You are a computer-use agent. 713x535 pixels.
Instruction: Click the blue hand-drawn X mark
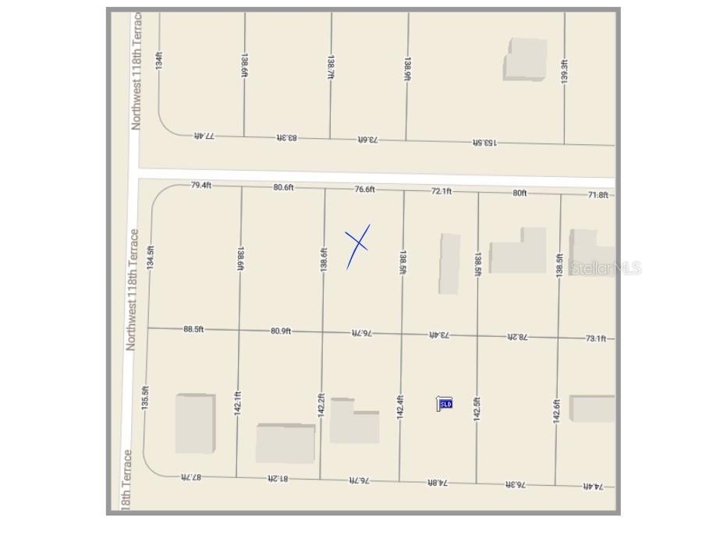click(x=357, y=246)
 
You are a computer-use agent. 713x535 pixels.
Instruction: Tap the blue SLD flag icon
click(x=445, y=403)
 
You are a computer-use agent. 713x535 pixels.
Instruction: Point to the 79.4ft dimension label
click(x=201, y=186)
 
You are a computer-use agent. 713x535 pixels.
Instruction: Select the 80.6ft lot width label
click(x=283, y=187)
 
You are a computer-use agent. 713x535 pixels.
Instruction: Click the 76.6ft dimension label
click(x=364, y=189)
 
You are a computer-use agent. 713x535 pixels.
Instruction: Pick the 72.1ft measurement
click(x=442, y=190)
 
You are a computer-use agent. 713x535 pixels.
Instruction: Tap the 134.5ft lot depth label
click(x=151, y=257)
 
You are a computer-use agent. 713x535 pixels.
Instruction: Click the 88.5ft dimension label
click(x=193, y=329)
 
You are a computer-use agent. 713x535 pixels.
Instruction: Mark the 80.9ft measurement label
click(x=281, y=331)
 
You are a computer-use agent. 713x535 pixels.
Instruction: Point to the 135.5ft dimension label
click(x=145, y=397)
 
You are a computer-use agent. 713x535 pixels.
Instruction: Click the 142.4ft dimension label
click(x=400, y=408)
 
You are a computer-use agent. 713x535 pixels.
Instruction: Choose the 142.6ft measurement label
click(x=557, y=411)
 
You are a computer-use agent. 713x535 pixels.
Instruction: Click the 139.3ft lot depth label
click(x=564, y=73)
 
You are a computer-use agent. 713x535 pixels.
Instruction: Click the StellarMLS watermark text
click(x=606, y=267)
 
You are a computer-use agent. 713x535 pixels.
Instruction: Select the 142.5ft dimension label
click(x=477, y=409)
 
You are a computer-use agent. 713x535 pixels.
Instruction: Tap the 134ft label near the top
click(x=159, y=59)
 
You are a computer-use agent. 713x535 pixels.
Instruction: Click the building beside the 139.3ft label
click(x=525, y=58)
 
